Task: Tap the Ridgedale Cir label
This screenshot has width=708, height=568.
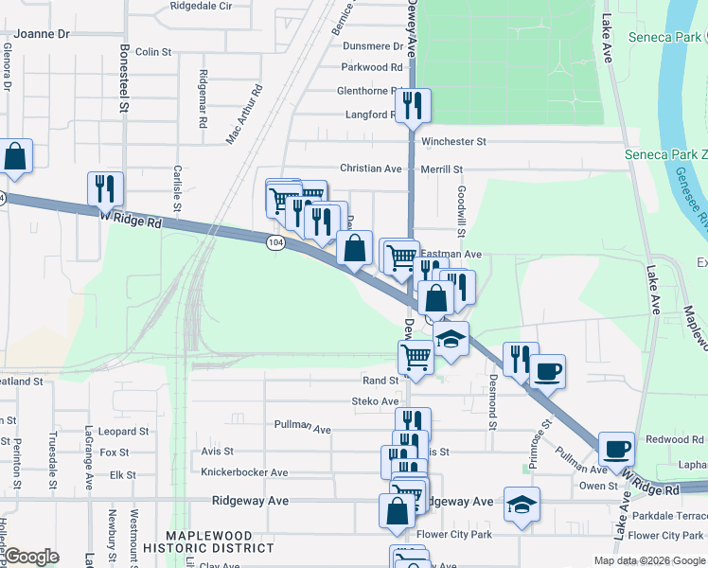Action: pyautogui.click(x=201, y=6)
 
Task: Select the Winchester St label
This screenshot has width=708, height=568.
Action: pyautogui.click(x=453, y=141)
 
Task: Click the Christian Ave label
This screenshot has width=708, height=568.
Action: pyautogui.click(x=371, y=169)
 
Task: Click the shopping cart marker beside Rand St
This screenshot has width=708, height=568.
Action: pyautogui.click(x=416, y=358)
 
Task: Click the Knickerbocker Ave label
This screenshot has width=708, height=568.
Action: pyautogui.click(x=244, y=472)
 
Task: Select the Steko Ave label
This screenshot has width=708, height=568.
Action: pyautogui.click(x=375, y=401)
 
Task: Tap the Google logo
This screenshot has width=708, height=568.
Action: pyautogui.click(x=31, y=557)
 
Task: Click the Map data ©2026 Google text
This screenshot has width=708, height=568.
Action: pyautogui.click(x=648, y=560)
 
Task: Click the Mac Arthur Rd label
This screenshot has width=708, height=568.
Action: pyautogui.click(x=244, y=115)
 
